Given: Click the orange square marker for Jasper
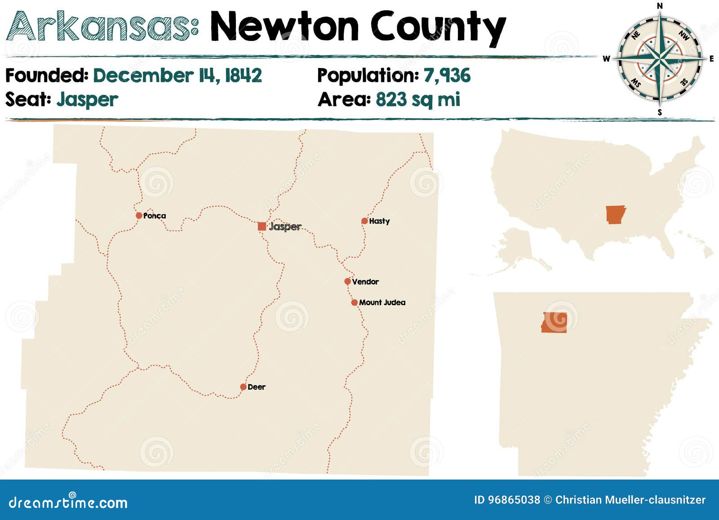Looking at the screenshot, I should point(262,226).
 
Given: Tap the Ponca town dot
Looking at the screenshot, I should point(139,216).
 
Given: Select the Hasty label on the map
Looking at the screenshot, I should point(379,221).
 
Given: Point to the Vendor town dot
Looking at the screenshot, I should point(347,281).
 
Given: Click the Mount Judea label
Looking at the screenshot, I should point(382,302).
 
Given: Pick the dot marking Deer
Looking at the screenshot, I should point(243,387).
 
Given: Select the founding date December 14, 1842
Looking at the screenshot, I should point(178,76).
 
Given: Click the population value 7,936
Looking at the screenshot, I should point(447,76).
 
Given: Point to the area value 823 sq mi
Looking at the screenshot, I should point(418,99).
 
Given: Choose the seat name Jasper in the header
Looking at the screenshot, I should point(87,99).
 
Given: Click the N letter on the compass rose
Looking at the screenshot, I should point(660,6).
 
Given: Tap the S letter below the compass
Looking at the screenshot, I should point(660,112).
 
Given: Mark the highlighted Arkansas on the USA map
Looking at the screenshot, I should point(615,214).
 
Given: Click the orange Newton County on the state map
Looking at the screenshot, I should point(554,322).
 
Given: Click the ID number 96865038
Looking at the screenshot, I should point(513,500).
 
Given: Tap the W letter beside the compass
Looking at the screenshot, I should point(606,59).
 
